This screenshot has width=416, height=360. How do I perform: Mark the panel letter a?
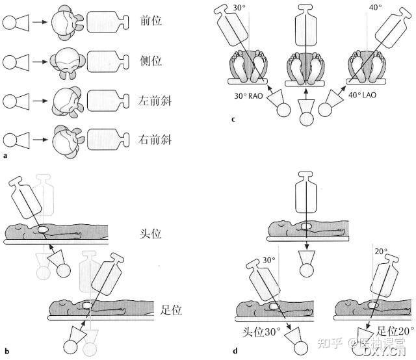tap(6, 157)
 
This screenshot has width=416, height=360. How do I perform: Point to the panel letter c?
tap(233, 119)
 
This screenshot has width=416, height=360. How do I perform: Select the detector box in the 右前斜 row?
tap(106, 138)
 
